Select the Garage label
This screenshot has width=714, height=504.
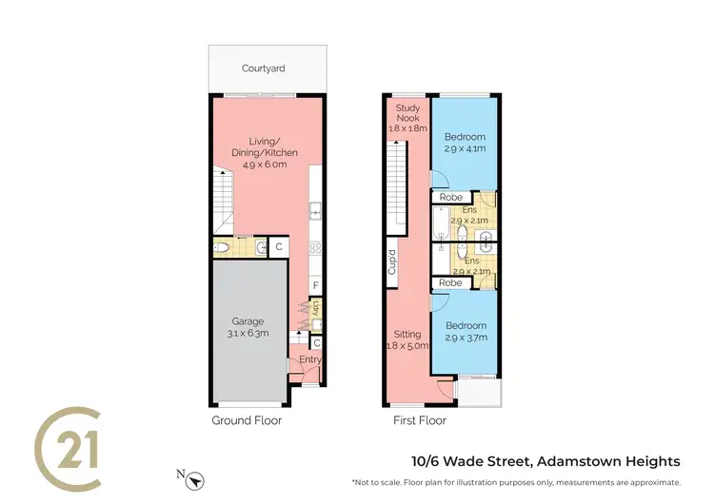point(248,321)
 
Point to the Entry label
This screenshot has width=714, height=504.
point(310,359)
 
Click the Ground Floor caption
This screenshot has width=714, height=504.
point(246,419)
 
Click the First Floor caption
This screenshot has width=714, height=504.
point(420,419)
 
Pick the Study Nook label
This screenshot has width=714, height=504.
point(407,116)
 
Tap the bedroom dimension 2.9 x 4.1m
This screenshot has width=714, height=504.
point(466,149)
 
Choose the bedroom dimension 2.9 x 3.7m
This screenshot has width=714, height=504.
point(466,338)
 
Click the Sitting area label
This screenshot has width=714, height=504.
point(407,335)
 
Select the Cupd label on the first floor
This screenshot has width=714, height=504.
point(391,262)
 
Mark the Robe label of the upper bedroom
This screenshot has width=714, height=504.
point(450,198)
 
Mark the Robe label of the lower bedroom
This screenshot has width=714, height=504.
point(450,282)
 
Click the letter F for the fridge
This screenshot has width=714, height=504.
point(316,285)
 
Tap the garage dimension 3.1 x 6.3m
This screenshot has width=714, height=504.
point(248,334)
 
